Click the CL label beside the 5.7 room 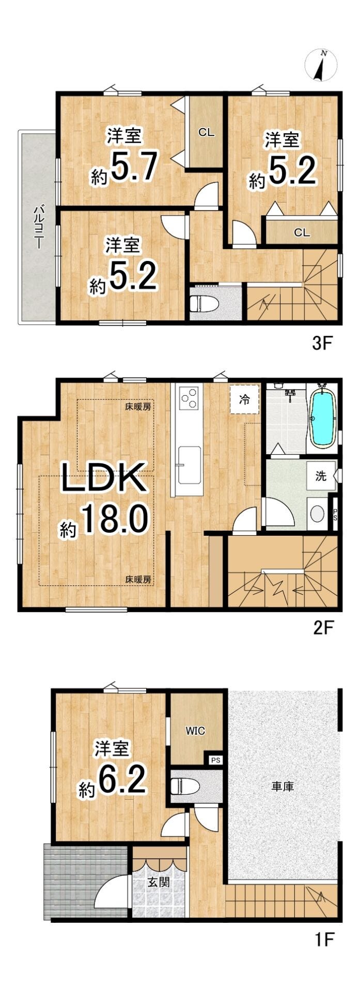point(206,132)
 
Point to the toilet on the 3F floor point(205,303)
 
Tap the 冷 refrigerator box point(244,399)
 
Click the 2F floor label point(324,627)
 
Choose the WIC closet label point(196,731)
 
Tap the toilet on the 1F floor point(185,786)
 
